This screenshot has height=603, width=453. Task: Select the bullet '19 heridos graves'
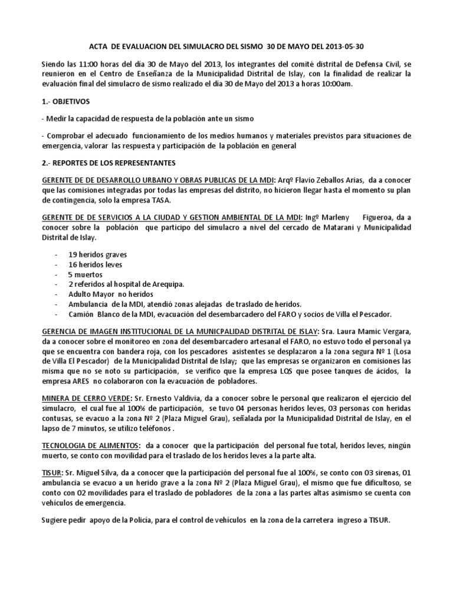(97, 255)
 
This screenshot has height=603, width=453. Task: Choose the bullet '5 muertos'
(86, 275)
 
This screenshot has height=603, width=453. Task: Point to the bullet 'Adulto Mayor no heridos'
(107, 294)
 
